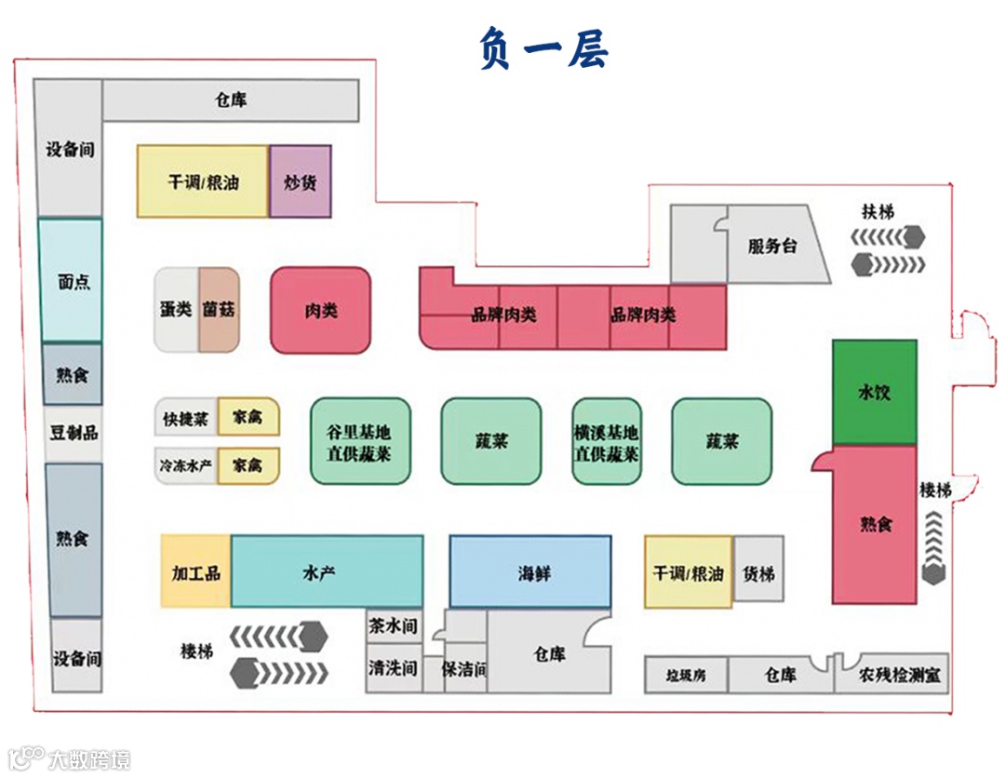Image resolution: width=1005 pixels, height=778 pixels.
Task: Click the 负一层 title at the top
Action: point(543,48)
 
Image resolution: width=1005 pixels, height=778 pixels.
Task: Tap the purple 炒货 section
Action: point(301,181)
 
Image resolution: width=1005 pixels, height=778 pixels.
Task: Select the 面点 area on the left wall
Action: point(72,281)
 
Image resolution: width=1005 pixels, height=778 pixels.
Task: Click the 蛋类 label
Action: point(176,310)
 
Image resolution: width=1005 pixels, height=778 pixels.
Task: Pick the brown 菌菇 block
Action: point(220,310)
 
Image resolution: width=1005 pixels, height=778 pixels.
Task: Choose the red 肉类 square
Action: point(321,311)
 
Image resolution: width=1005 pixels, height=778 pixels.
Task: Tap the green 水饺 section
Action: point(874,392)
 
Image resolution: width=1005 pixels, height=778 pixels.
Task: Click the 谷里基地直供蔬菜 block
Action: point(359,443)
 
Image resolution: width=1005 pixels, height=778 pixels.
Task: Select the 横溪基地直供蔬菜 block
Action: point(607,443)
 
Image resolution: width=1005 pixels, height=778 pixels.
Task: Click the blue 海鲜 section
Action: point(531,572)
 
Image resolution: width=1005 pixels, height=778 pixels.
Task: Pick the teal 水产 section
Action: point(327,572)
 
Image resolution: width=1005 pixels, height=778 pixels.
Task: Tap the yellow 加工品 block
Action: point(195,572)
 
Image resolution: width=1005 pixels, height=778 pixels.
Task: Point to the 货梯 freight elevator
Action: point(758,572)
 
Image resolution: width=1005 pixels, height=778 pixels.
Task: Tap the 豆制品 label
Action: point(73,433)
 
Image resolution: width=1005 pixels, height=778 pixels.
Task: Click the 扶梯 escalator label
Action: point(877,212)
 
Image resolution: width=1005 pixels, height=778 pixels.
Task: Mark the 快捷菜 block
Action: point(186,418)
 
